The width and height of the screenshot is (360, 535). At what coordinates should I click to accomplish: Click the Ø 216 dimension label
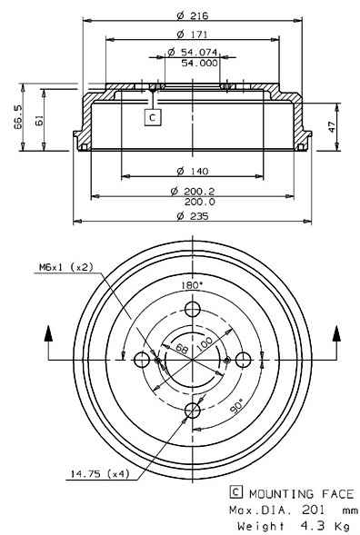tap(193, 15)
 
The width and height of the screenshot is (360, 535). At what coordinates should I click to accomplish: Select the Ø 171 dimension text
tap(193, 35)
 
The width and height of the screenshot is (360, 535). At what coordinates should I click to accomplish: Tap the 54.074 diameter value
tap(193, 52)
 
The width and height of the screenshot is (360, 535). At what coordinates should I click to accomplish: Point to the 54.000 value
tap(199, 63)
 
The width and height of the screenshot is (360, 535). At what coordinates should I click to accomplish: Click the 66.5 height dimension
tap(18, 117)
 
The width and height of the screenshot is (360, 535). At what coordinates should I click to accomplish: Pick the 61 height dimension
tap(39, 121)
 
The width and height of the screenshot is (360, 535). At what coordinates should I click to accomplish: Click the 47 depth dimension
tap(332, 126)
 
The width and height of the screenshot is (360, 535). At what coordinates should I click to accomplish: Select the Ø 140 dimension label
tap(193, 171)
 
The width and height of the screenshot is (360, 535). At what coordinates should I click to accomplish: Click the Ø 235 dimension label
tap(193, 215)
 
